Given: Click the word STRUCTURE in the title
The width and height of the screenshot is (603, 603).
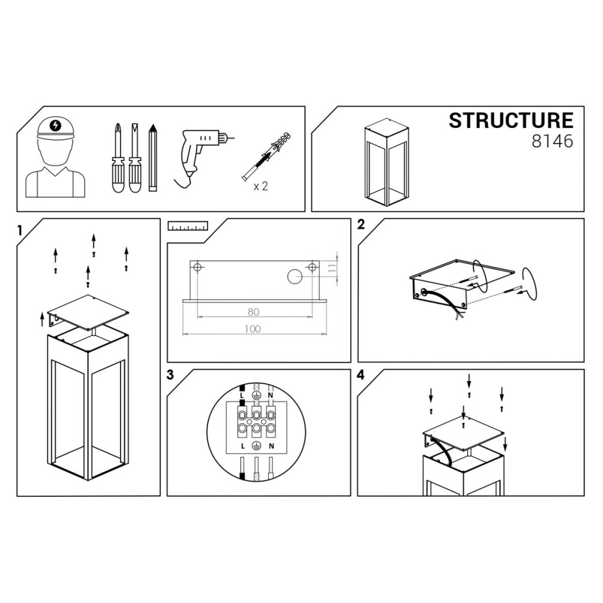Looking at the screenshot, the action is tap(511, 121).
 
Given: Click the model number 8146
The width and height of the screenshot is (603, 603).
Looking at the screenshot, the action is tap(552, 141).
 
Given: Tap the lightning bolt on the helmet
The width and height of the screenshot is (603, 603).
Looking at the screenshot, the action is tap(55, 125).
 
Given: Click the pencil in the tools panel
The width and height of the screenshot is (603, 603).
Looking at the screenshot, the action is tap(153, 157).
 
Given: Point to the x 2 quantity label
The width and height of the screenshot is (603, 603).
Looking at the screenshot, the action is tap(260, 186).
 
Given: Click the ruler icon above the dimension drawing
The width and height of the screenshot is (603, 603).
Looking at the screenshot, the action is tap(188, 226).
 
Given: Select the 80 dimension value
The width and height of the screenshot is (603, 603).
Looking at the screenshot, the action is tap(253, 312).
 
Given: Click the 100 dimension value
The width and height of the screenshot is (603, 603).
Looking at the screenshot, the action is tap(252, 329).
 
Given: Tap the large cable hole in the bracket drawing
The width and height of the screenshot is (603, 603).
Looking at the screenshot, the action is tap(295, 277).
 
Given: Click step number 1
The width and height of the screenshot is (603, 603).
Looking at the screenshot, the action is tap(20, 231).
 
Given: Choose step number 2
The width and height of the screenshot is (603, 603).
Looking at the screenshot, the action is tap(361, 224).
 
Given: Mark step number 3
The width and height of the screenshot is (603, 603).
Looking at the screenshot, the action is tap(170, 374).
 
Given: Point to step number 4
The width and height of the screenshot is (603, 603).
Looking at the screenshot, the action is tap(361, 374).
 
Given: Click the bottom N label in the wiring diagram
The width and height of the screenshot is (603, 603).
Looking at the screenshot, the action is tap(271, 446).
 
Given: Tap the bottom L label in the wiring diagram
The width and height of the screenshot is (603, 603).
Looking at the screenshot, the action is tap(242, 446).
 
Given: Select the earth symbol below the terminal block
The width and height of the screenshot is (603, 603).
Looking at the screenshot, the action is tap(256, 446).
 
